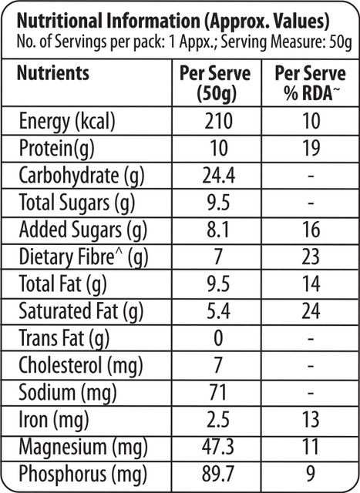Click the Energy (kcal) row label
pyautogui.click(x=67, y=122)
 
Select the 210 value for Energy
pyautogui.click(x=219, y=121)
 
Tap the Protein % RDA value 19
pyautogui.click(x=311, y=148)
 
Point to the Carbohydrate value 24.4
pyautogui.click(x=218, y=176)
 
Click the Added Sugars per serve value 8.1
pyautogui.click(x=218, y=230)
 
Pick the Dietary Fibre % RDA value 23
pyautogui.click(x=311, y=257)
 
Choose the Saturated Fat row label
pyautogui.click(x=81, y=312)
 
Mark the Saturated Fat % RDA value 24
pyautogui.click(x=311, y=311)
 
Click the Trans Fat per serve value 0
pyautogui.click(x=218, y=338)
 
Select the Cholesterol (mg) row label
pyautogui.click(x=81, y=366)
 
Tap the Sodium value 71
pyautogui.click(x=218, y=393)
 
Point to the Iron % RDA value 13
pyautogui.click(x=311, y=420)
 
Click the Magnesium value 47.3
pyautogui.click(x=218, y=447)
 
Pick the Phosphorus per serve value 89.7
pyautogui.click(x=218, y=474)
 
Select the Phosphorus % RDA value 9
pyautogui.click(x=311, y=474)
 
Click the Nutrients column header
pyautogui.click(x=53, y=73)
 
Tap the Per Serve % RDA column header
pyautogui.click(x=311, y=84)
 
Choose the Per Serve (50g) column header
pyautogui.click(x=216, y=84)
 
